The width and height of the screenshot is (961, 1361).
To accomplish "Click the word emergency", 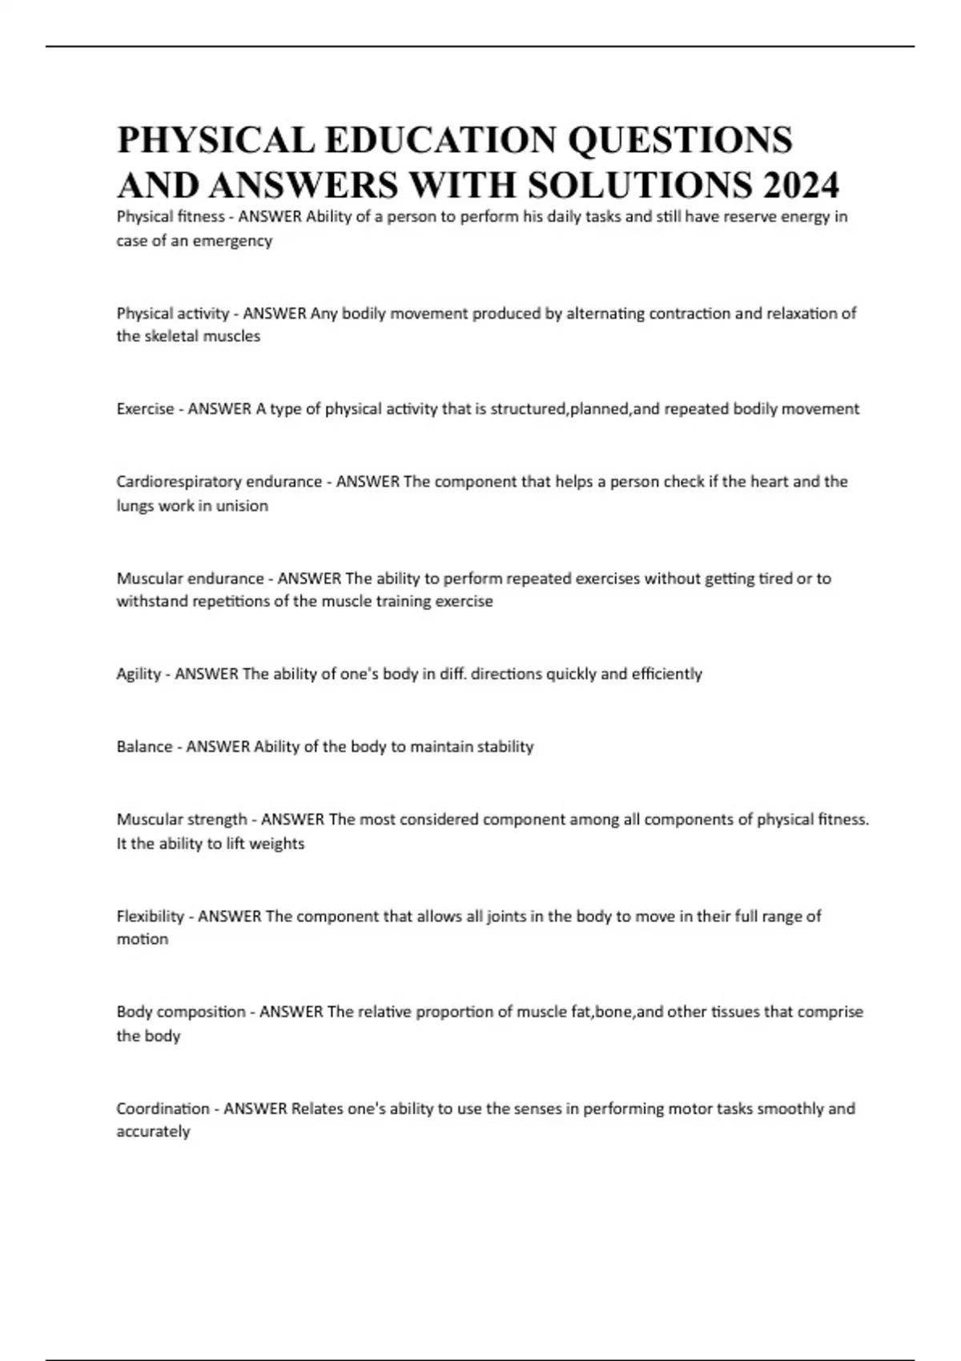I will [x=232, y=240].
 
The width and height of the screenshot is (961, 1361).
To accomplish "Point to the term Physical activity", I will [x=172, y=313].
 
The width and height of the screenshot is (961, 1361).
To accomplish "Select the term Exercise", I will [x=145, y=409].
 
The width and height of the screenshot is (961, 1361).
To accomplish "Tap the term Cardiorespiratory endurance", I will [x=219, y=481].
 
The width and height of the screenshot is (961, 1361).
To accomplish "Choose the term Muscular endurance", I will [x=190, y=578].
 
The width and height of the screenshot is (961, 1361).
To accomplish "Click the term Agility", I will [x=139, y=674].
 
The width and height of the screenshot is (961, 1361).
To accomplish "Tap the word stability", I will [x=505, y=747].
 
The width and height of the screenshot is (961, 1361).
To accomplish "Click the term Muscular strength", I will [x=182, y=819].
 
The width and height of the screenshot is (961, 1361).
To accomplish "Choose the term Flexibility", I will [x=151, y=916].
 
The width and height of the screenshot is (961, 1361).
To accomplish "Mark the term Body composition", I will [x=181, y=1012].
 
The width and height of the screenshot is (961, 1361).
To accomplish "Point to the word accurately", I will [x=153, y=1132].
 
